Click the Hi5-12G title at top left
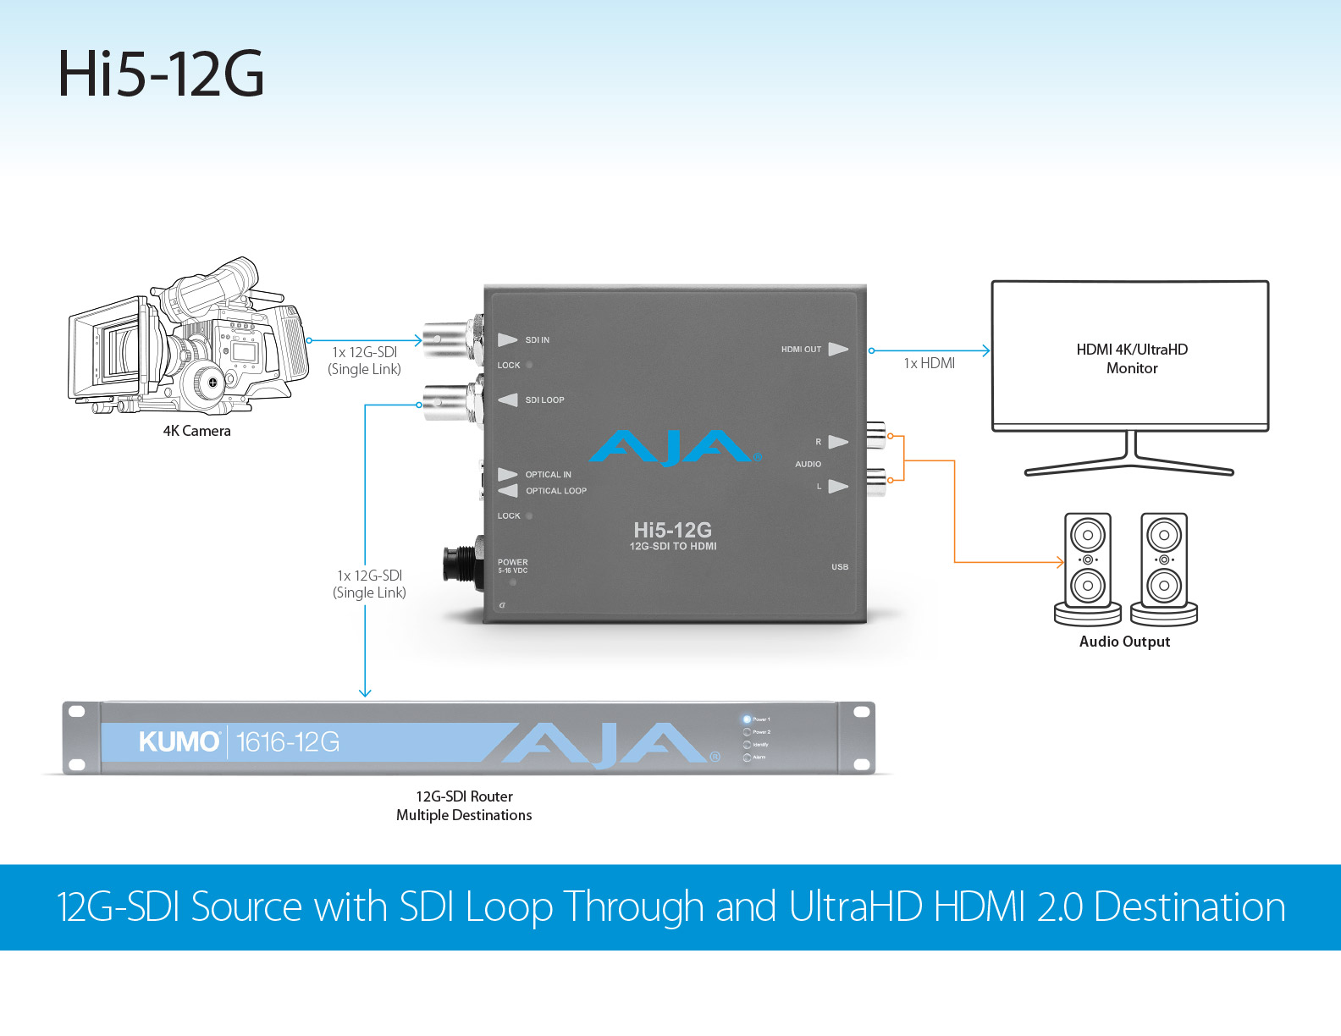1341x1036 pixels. click(161, 74)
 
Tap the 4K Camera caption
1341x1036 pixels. click(196, 431)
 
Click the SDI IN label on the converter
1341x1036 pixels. click(537, 340)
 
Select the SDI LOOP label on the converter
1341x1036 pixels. click(544, 400)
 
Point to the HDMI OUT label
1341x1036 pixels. click(801, 350)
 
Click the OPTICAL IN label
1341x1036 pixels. click(548, 475)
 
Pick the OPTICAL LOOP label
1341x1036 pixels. click(555, 491)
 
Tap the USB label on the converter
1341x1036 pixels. click(839, 567)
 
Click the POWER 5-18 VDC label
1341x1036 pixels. click(512, 565)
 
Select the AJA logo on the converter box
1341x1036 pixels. click(674, 447)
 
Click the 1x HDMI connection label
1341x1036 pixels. click(929, 363)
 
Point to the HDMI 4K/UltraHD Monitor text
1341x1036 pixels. click(1132, 359)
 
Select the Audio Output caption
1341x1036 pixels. click(1124, 642)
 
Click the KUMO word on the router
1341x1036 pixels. click(179, 742)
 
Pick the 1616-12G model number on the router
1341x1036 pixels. click(288, 742)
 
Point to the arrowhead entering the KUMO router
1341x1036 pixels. click(365, 692)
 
